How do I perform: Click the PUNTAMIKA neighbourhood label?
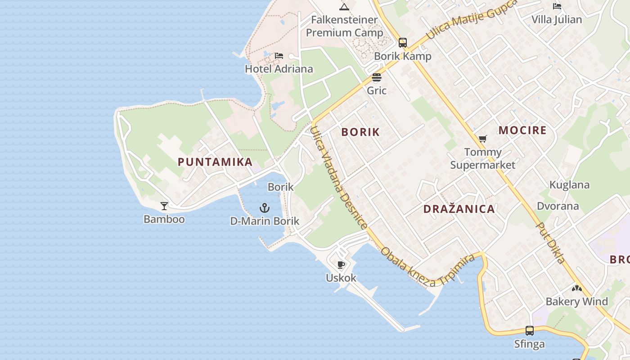click(215, 162)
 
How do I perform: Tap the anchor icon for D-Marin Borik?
click(265, 208)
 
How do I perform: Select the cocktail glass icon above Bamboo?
click(164, 206)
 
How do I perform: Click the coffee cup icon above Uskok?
click(341, 265)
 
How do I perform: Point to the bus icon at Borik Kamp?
click(402, 43)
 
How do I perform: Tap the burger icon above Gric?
click(377, 77)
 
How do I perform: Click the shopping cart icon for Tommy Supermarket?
click(483, 139)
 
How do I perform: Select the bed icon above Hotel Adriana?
click(279, 56)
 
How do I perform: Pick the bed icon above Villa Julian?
click(557, 6)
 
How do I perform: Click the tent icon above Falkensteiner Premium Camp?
click(344, 6)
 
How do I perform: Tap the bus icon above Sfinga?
click(530, 331)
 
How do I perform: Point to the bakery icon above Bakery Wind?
click(577, 288)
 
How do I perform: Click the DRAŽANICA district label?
click(459, 209)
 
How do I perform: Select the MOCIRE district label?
click(522, 130)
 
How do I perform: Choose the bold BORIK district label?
click(360, 132)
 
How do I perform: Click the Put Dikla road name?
click(551, 243)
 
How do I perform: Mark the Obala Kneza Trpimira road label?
click(427, 267)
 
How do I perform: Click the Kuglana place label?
click(569, 185)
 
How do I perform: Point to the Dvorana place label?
click(558, 206)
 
